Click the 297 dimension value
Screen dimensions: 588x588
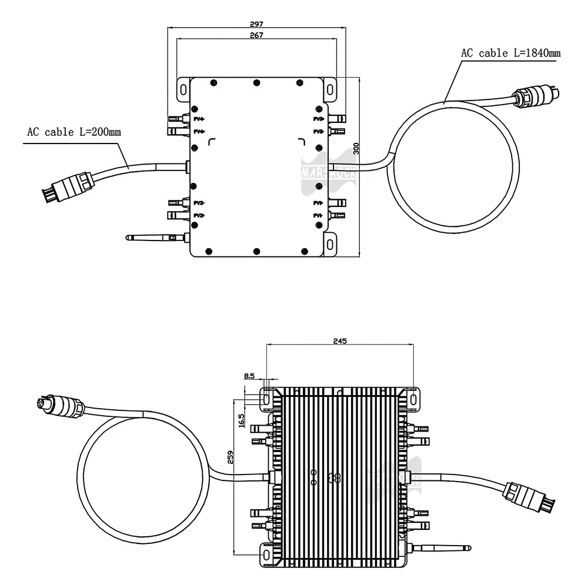256,24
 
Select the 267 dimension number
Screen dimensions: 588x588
256,35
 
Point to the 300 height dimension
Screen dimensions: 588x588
355,149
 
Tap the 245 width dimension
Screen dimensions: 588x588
340,340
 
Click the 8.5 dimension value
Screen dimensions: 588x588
249,376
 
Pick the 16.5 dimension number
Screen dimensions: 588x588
241,420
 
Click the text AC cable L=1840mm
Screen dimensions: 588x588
510,53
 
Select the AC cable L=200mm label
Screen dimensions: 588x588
73,132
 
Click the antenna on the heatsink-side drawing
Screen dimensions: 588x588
444,549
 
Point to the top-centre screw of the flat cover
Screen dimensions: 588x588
256,83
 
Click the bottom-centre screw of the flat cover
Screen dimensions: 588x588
256,252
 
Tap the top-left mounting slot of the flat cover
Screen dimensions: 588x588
182,90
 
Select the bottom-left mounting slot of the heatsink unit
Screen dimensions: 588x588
267,553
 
